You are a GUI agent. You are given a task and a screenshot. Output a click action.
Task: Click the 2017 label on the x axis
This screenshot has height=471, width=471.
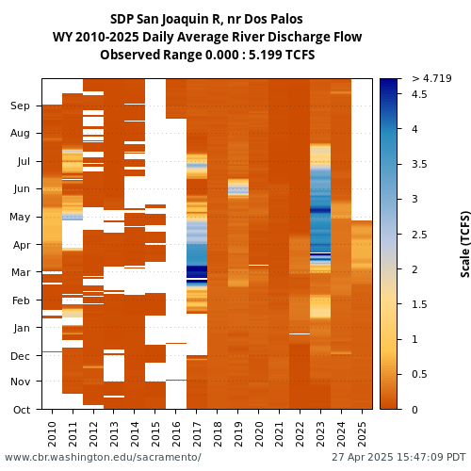tap(197, 434)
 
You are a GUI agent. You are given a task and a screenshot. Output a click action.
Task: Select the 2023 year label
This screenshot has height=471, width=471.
tap(320, 434)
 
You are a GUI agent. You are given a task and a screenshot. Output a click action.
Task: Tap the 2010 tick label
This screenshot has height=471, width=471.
tap(52, 434)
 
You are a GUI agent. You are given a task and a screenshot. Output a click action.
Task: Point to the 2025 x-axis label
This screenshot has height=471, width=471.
tap(362, 434)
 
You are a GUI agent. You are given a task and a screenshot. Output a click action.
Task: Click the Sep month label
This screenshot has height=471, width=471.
tap(20, 106)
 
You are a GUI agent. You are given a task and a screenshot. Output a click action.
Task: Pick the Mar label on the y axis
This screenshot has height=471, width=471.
tap(21, 272)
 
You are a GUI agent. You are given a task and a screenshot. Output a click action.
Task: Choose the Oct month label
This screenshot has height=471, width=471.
tap(22, 410)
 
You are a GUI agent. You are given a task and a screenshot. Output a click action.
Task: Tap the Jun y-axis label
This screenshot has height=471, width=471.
tap(22, 189)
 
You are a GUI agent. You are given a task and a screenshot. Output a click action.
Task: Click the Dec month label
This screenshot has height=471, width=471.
tap(20, 356)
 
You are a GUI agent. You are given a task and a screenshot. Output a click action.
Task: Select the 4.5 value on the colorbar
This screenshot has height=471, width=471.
tap(419, 94)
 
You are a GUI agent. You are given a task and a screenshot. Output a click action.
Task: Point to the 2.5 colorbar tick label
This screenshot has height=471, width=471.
tap(419, 235)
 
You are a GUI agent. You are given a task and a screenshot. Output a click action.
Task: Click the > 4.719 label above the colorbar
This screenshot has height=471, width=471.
tap(431, 78)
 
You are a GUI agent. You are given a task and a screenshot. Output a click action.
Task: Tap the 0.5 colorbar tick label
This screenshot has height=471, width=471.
tap(419, 374)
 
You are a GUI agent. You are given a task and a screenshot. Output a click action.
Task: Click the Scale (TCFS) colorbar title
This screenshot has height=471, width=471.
tap(465, 244)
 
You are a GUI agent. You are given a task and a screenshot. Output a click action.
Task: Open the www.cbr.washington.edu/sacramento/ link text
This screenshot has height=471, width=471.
tap(103, 457)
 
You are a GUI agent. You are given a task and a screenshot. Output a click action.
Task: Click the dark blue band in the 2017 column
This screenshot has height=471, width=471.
tap(197, 271)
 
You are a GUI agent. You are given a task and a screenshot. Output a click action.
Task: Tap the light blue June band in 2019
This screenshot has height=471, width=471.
tap(238, 190)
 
